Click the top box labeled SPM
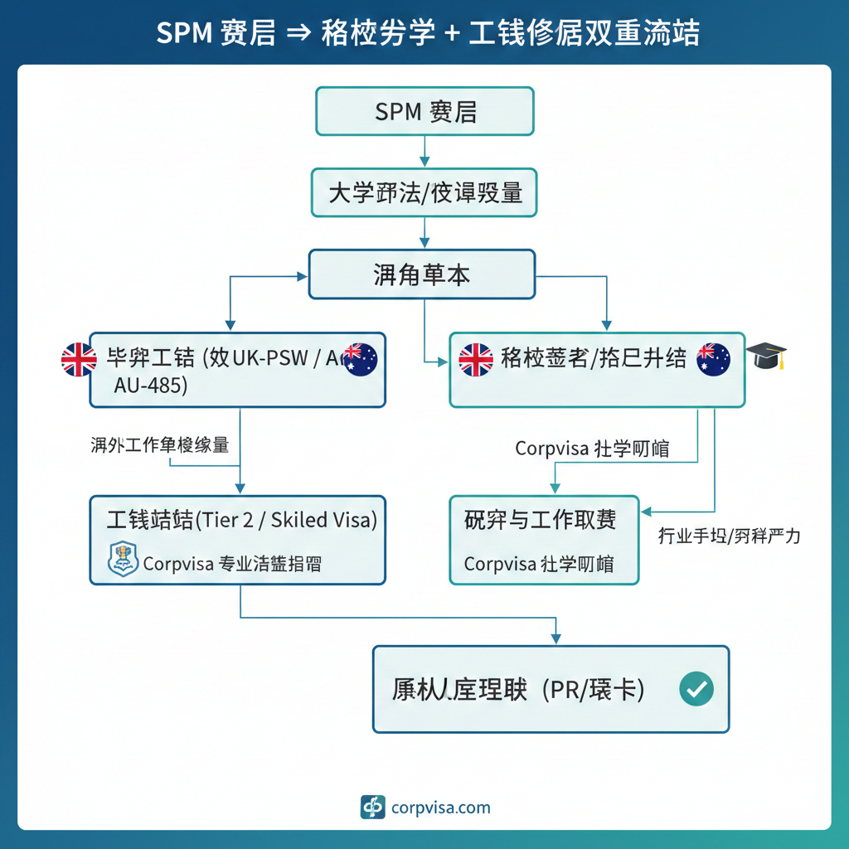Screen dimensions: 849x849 [424, 111]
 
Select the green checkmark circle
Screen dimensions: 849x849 [696, 689]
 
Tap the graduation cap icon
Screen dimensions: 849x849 [767, 357]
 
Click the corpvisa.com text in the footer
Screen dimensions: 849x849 [440, 808]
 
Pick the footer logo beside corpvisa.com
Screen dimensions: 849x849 [373, 808]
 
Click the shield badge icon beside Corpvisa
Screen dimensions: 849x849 [122, 560]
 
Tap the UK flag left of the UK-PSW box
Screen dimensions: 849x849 [79, 360]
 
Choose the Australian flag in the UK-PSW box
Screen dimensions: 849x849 [360, 359]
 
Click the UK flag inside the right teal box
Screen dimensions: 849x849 [476, 359]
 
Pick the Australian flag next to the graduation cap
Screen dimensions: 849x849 [714, 359]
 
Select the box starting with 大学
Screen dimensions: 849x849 [424, 193]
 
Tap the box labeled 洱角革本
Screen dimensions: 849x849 [422, 274]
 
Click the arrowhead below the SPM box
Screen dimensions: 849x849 [424, 161]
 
